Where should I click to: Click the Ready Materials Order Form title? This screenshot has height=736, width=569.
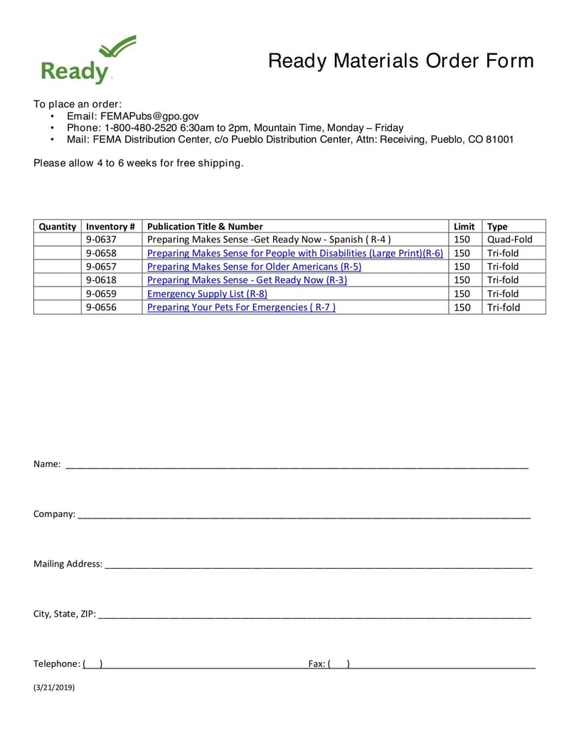pos(400,61)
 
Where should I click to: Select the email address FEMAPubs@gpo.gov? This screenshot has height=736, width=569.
pos(149,116)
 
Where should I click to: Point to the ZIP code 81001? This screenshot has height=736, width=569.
pos(499,139)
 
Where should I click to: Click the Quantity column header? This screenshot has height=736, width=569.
pos(57,226)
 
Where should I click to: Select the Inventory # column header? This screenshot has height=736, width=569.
pos(110,226)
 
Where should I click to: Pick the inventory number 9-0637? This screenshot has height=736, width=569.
pos(101,240)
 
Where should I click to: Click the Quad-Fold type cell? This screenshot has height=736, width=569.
pos(509,240)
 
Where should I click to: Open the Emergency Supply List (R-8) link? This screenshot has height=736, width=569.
pos(207,294)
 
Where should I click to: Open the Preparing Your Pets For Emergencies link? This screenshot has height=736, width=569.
pos(241,307)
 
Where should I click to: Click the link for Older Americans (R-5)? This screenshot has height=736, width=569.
pos(254,267)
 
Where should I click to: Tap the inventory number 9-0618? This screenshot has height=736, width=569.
pos(101,280)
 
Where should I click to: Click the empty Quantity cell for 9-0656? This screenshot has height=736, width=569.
pos(57,307)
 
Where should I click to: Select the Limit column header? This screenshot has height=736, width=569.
pos(464,226)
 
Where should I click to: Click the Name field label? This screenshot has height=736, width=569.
pos(47,464)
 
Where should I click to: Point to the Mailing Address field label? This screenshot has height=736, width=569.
pos(68,564)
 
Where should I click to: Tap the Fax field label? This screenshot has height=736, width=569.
pos(317,663)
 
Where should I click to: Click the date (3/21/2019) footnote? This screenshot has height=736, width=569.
pos(54,688)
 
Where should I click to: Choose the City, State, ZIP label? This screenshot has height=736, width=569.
pos(64,614)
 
